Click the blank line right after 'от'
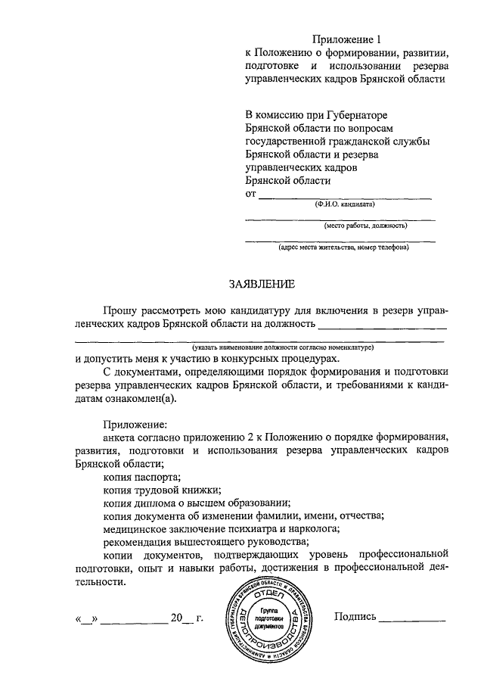pyautogui.click(x=345, y=196)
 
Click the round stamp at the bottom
pyautogui.click(x=268, y=618)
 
